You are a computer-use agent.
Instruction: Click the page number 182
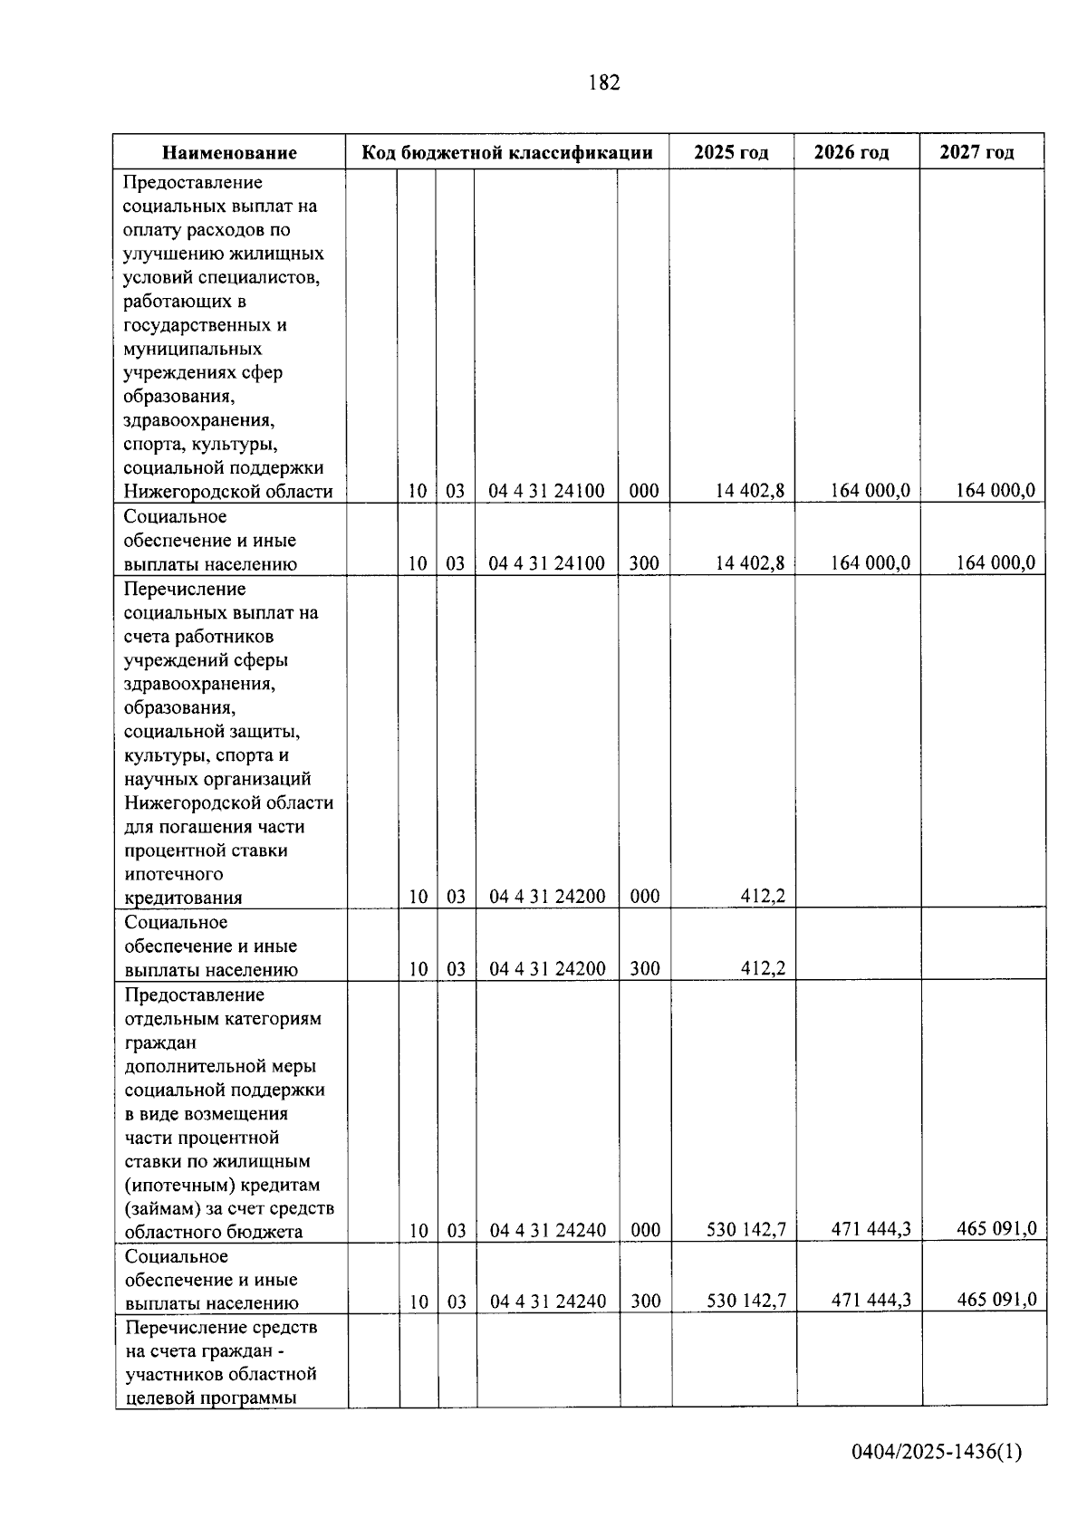(x=604, y=83)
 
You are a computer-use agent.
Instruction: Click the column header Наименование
(x=230, y=152)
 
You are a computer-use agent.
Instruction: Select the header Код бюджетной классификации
(x=507, y=152)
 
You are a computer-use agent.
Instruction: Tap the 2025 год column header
(x=731, y=152)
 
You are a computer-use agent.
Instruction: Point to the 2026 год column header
(x=851, y=152)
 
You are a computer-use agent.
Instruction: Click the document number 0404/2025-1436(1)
(x=936, y=1452)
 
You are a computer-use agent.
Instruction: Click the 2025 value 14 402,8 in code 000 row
(x=750, y=491)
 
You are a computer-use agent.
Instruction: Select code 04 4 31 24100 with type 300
(x=546, y=563)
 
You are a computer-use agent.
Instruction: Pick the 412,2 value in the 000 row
(x=763, y=897)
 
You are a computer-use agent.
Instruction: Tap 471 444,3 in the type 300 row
(x=871, y=1301)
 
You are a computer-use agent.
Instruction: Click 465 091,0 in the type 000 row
(x=996, y=1229)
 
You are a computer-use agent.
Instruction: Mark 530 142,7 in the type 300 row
(x=746, y=1302)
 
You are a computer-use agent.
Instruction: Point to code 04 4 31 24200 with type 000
(x=547, y=897)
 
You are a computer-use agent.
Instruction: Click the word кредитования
(x=183, y=898)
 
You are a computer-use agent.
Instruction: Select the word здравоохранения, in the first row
(x=199, y=420)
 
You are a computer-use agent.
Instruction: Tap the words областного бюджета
(x=214, y=1232)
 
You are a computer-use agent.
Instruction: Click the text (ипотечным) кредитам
(x=223, y=1185)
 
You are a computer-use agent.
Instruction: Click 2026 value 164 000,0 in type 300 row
(x=871, y=563)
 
